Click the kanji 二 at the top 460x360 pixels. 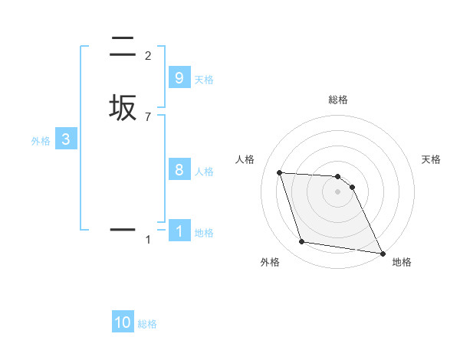[123, 47]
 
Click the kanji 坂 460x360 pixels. [123, 108]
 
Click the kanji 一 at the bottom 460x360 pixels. [123, 229]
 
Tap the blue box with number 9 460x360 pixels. [179, 78]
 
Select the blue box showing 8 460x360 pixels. [179, 170]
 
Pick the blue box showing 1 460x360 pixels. [179, 230]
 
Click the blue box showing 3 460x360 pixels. [66, 139]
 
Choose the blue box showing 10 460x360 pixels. [123, 322]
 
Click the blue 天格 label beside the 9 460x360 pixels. [204, 79]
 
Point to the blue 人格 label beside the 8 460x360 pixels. [204, 171]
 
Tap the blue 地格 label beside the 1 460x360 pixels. [204, 232]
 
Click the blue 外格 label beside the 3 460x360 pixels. [41, 141]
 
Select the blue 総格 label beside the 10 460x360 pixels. [147, 324]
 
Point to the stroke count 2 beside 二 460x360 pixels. [147, 55]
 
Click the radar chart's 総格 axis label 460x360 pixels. [338, 100]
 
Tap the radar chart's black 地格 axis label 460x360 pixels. [402, 262]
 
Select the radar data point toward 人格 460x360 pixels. [280, 172]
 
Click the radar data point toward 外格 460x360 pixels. [302, 242]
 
